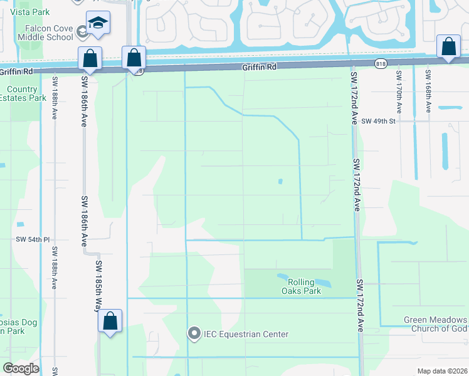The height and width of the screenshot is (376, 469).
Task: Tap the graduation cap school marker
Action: pyautogui.click(x=97, y=23)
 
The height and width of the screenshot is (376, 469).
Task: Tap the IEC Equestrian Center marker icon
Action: pyautogui.click(x=194, y=334)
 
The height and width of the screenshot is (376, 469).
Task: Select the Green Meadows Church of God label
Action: pyautogui.click(x=435, y=324)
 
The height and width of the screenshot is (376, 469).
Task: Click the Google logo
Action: pyautogui.click(x=21, y=368)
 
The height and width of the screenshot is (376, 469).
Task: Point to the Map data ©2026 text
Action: pyautogui.click(x=443, y=370)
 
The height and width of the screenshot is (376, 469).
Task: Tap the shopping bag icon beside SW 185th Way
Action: pyautogui.click(x=110, y=321)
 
